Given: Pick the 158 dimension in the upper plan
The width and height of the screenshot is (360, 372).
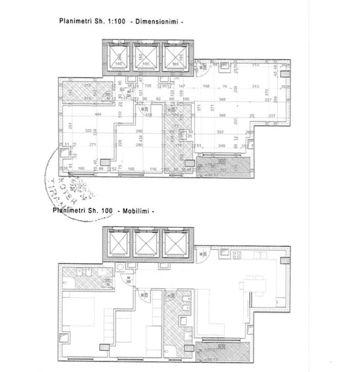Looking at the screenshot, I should coord(206,86).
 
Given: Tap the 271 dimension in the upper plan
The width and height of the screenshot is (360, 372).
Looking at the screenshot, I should coord(92,145).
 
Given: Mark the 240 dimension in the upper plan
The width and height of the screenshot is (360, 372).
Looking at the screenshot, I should coord(222,146).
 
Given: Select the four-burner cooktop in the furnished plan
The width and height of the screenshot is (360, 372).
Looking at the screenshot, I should coord(237,255).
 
